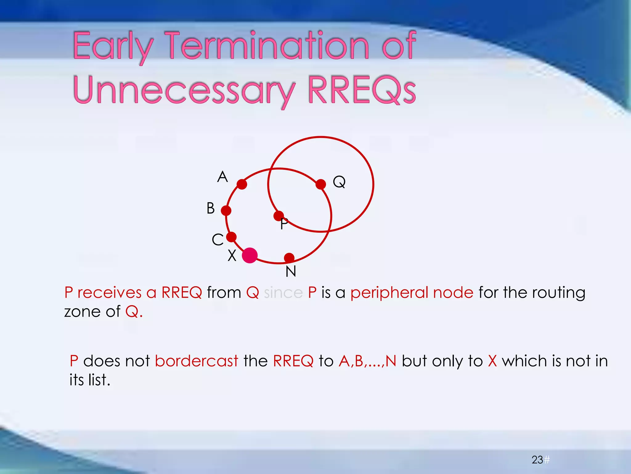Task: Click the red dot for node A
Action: (x=242, y=185)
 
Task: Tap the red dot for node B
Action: (x=226, y=211)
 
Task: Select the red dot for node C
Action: (x=231, y=237)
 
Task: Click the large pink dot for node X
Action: (x=250, y=256)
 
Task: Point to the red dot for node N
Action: (x=289, y=258)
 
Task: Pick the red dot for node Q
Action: (x=321, y=184)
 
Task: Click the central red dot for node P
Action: (x=279, y=216)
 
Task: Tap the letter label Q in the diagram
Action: (x=339, y=182)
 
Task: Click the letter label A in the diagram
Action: (x=222, y=177)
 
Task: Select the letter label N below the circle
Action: (x=291, y=272)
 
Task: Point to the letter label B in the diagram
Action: (x=211, y=208)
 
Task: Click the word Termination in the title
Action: (x=267, y=46)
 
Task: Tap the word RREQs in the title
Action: (x=362, y=90)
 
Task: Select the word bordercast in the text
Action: (x=197, y=361)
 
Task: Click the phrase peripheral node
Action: (x=412, y=293)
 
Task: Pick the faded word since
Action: (x=283, y=293)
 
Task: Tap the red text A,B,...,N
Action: (x=367, y=361)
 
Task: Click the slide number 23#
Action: (x=540, y=460)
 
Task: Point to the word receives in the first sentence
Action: (x=109, y=293)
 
